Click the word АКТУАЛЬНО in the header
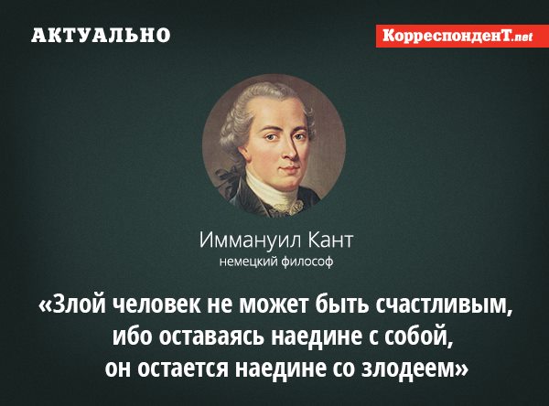pyautogui.click(x=101, y=35)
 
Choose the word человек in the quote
pyautogui.click(x=157, y=304)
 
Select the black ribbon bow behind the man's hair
pyautogui.click(x=226, y=175)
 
